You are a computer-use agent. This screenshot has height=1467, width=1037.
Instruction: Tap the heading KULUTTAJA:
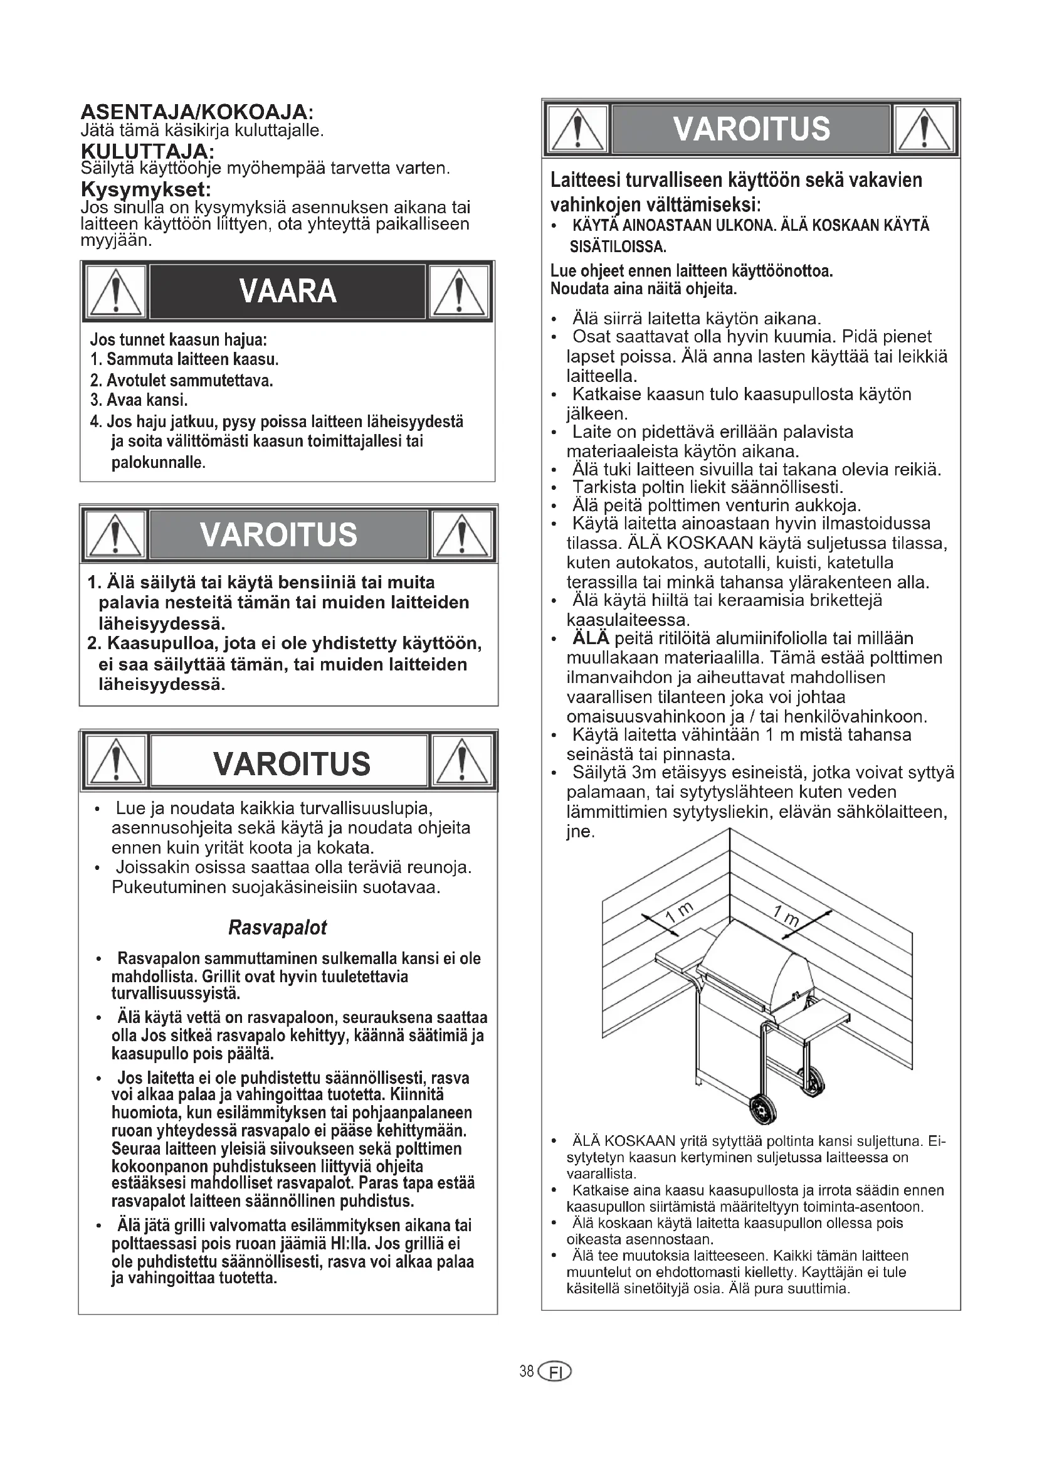coord(147,151)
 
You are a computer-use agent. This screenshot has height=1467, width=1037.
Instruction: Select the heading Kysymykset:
coord(145,189)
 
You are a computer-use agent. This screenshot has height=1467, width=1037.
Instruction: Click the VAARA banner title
coord(287,292)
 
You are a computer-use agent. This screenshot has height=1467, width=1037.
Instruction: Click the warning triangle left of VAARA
coord(115,292)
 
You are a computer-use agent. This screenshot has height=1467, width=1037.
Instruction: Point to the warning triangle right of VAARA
coord(459,292)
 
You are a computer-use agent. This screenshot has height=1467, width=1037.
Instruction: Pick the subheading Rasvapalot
coord(277,927)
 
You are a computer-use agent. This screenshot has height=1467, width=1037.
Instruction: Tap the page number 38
coord(526,1371)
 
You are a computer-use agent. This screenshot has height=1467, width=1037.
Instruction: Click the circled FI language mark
coord(555,1372)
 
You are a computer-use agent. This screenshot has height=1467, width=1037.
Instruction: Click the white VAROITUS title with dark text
coord(291,763)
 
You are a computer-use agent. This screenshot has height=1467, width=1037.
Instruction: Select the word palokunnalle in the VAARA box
coord(158,463)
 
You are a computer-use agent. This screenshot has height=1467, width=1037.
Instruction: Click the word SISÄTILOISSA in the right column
coord(618,247)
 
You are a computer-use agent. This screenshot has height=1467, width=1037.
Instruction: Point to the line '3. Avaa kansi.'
coord(139,401)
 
